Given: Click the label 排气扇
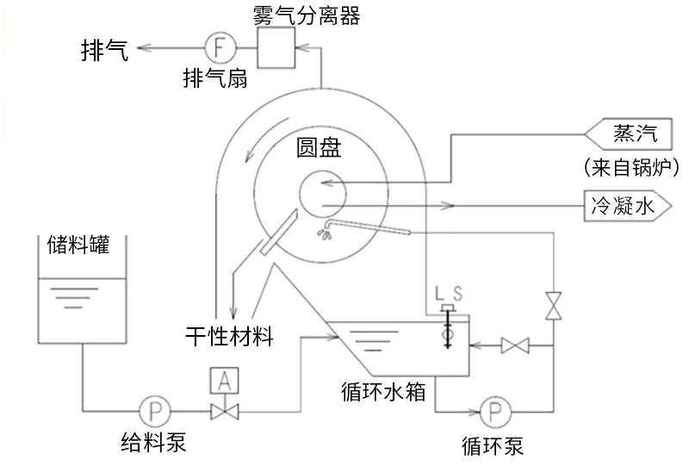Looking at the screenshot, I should point(215,78).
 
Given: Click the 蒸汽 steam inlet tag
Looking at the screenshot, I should point(634,134).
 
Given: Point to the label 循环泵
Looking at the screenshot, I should point(493,445).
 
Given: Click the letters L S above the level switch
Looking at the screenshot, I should point(449,295).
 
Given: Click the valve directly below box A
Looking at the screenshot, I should point(225,411).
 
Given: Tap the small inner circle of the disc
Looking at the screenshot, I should point(320,192).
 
